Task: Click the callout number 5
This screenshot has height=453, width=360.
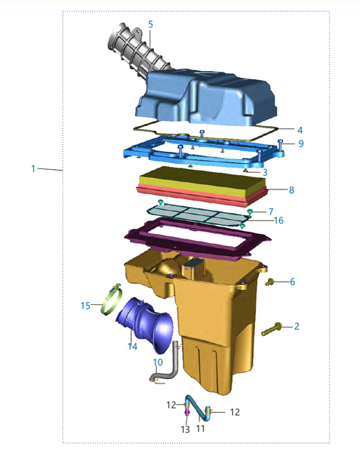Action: pos(150,25)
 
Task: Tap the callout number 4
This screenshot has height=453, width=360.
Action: pos(300,131)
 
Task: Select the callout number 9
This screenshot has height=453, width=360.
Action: pos(301,143)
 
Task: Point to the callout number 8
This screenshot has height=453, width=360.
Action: pos(291,190)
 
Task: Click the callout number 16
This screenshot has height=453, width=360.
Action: pos(278,220)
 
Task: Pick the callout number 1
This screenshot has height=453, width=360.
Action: pos(33,168)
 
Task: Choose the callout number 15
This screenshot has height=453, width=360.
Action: pos(85,305)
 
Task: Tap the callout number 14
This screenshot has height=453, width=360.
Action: pos(132,346)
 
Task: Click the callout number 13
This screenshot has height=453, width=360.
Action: pos(186,430)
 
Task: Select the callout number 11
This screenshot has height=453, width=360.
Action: pos(200,428)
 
